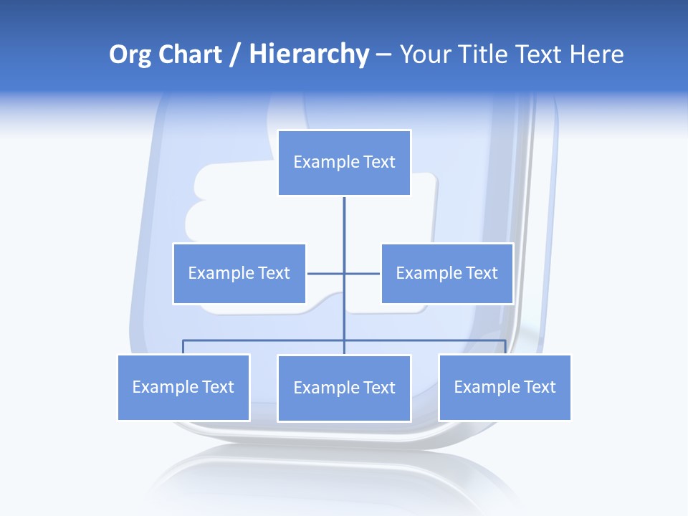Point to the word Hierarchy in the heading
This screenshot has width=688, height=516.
point(308,55)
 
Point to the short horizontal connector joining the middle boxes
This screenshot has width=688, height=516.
point(362,274)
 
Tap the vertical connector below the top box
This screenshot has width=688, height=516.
point(344,229)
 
